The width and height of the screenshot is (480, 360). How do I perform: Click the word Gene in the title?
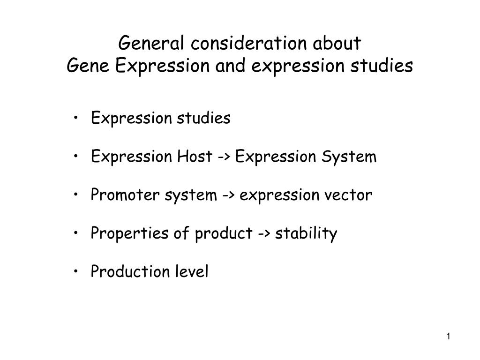tap(88, 65)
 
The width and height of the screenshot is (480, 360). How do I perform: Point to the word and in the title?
tap(230, 65)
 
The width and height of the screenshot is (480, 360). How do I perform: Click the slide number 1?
tap(448, 337)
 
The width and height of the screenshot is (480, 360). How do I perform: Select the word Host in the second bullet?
tap(195, 156)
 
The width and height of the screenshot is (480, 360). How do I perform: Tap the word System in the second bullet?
tap(349, 157)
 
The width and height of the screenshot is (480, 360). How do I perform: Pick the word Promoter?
tap(125, 195)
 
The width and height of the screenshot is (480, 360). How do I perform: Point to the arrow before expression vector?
tap(228, 195)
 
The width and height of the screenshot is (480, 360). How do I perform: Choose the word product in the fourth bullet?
tap(224, 233)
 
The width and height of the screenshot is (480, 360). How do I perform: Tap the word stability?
tap(306, 233)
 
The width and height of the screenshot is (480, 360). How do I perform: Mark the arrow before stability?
tap(264, 234)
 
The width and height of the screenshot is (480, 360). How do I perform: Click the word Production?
tap(130, 271)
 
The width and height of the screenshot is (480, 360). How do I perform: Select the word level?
tap(192, 271)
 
